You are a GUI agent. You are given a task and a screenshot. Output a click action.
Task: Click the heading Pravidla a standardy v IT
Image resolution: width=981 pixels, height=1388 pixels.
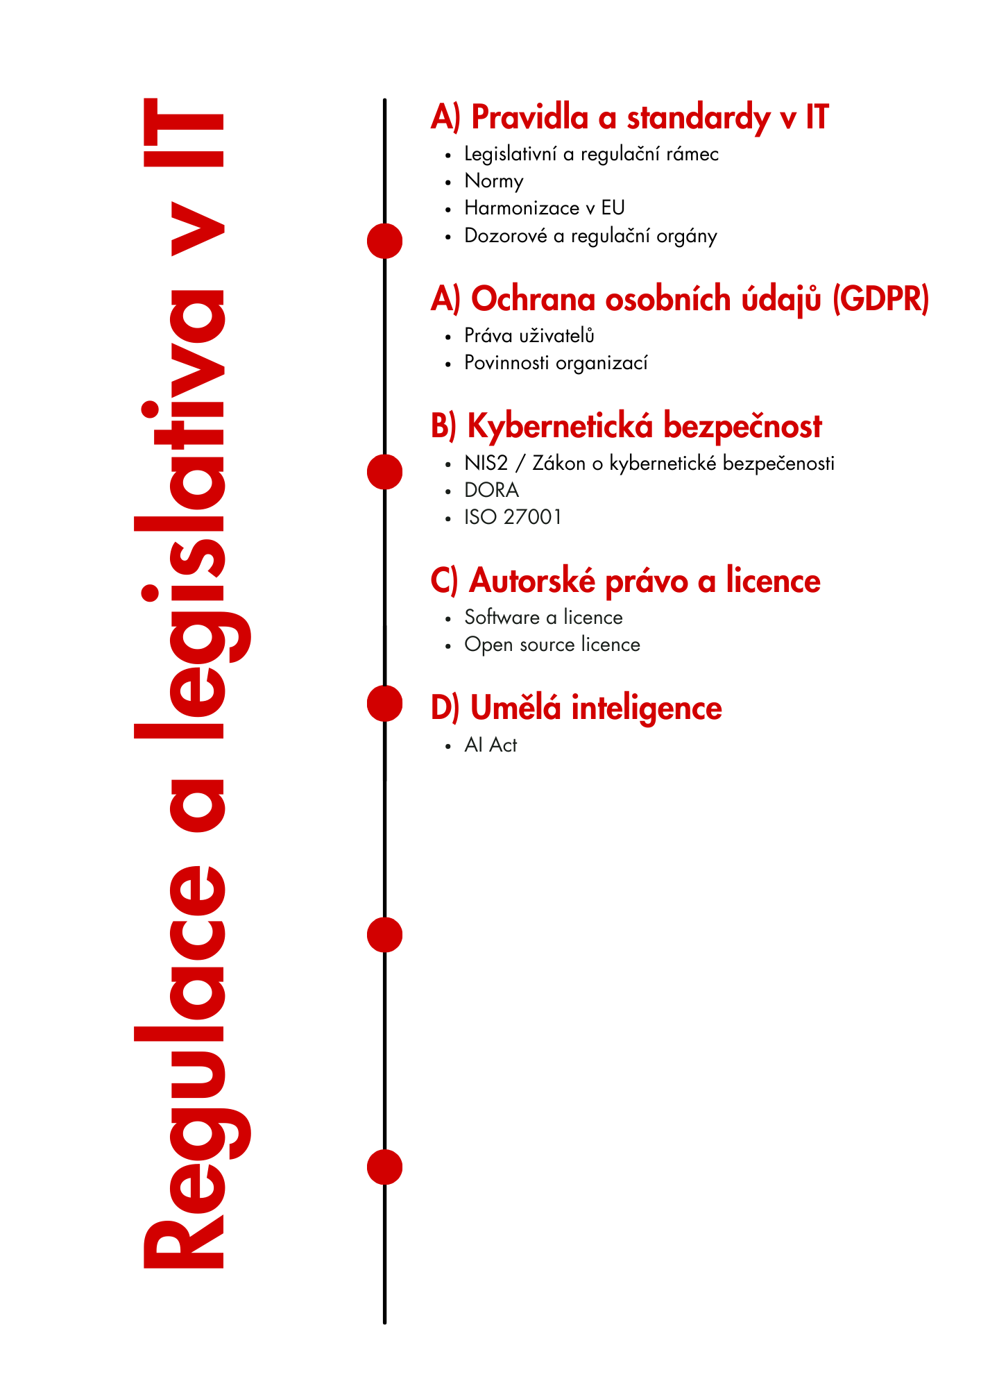click(629, 117)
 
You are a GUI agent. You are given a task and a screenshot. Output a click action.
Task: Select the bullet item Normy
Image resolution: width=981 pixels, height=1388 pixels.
click(493, 181)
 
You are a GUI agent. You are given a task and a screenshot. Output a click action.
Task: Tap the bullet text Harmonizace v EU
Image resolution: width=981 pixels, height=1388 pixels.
click(544, 208)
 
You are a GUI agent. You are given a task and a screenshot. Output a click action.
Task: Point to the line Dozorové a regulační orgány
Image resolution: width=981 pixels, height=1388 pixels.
click(590, 236)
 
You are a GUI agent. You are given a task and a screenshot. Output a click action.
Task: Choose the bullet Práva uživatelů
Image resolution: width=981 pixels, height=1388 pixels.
click(529, 336)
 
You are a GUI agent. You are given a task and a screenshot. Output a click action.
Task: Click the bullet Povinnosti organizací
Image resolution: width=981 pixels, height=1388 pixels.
click(555, 363)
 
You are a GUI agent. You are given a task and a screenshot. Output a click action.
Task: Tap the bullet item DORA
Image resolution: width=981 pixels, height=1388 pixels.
click(491, 490)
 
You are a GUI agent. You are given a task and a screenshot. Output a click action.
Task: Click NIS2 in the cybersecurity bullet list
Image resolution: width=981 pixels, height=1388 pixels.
click(486, 463)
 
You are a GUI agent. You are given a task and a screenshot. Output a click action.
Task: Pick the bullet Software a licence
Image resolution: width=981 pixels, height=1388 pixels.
click(543, 618)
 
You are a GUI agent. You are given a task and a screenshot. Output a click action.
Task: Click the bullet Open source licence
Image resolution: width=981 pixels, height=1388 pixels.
click(552, 645)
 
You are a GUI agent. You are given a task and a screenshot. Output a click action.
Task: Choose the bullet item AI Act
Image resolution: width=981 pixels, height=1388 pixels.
click(490, 745)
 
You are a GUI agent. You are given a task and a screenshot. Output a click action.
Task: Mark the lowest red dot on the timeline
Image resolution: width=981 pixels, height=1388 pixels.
click(384, 1167)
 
